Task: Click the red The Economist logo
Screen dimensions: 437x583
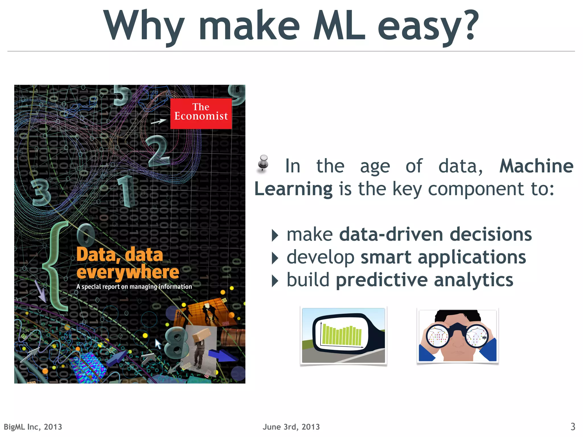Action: [x=201, y=113]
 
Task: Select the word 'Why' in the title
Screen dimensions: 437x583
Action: [x=144, y=26]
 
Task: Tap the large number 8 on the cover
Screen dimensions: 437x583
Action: [x=176, y=344]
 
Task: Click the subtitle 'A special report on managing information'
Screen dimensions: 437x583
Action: [x=134, y=287]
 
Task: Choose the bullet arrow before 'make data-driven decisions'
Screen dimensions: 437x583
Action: [x=275, y=236]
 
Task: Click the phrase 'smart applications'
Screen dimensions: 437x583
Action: [x=443, y=257]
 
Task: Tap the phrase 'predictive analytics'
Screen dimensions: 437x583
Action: [x=424, y=280]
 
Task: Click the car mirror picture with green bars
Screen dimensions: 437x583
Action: [x=343, y=336]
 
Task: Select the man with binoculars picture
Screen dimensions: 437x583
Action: [x=457, y=336]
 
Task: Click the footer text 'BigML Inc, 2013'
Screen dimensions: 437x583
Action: [x=33, y=427]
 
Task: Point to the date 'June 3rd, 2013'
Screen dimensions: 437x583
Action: [x=291, y=427]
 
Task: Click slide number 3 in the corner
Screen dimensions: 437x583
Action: [x=573, y=426]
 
